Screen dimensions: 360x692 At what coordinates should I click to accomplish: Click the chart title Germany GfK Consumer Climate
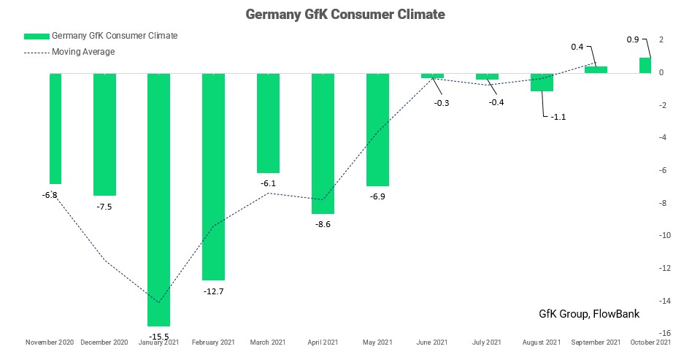pyautogui.click(x=345, y=14)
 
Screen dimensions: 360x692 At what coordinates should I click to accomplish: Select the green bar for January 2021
pyautogui.click(x=158, y=199)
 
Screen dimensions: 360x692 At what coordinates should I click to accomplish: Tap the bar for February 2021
pyautogui.click(x=213, y=176)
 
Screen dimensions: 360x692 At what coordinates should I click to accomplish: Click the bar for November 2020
pyautogui.click(x=55, y=128)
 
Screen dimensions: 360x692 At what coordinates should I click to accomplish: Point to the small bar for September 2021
pyautogui.click(x=596, y=69)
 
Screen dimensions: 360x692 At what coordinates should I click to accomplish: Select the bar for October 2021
pyautogui.click(x=645, y=66)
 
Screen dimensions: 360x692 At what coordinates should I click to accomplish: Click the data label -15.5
pyautogui.click(x=158, y=337)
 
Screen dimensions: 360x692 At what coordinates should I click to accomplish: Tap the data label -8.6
pyautogui.click(x=323, y=224)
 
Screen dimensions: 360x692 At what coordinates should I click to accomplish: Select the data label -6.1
pyautogui.click(x=268, y=183)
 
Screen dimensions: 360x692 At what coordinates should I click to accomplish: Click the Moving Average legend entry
pyautogui.click(x=83, y=52)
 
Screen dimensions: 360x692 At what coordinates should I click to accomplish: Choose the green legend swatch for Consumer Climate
pyautogui.click(x=36, y=36)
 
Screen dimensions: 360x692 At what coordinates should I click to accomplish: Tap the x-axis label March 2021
pyautogui.click(x=268, y=342)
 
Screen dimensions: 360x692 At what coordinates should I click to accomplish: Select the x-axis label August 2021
pyautogui.click(x=542, y=342)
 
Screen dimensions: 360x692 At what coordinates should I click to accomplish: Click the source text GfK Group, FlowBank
pyautogui.click(x=588, y=314)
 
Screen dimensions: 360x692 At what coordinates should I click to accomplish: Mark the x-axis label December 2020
pyautogui.click(x=104, y=342)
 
